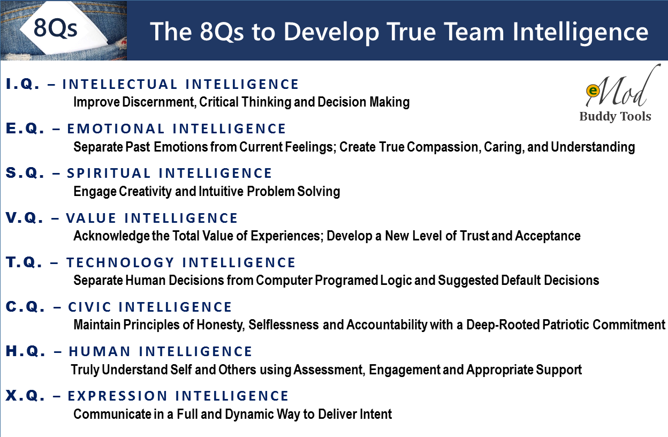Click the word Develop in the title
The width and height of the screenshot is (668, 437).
(331, 32)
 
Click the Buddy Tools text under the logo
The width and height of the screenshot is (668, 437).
(615, 116)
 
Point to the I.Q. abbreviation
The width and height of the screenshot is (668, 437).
(22, 84)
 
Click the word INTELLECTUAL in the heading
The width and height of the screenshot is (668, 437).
(120, 84)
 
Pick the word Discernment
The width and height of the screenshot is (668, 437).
(159, 102)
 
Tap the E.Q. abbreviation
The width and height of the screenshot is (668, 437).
(25, 129)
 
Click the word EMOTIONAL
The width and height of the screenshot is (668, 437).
(116, 129)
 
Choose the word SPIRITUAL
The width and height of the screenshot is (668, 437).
(109, 174)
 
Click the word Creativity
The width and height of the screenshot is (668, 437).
(145, 192)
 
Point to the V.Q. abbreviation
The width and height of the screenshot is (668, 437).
(25, 218)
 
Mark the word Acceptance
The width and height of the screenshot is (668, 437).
(548, 236)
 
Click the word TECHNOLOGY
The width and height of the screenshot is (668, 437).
(120, 262)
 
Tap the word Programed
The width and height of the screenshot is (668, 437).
(346, 281)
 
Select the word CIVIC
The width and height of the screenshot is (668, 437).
(90, 307)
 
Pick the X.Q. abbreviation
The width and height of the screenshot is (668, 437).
(25, 396)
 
